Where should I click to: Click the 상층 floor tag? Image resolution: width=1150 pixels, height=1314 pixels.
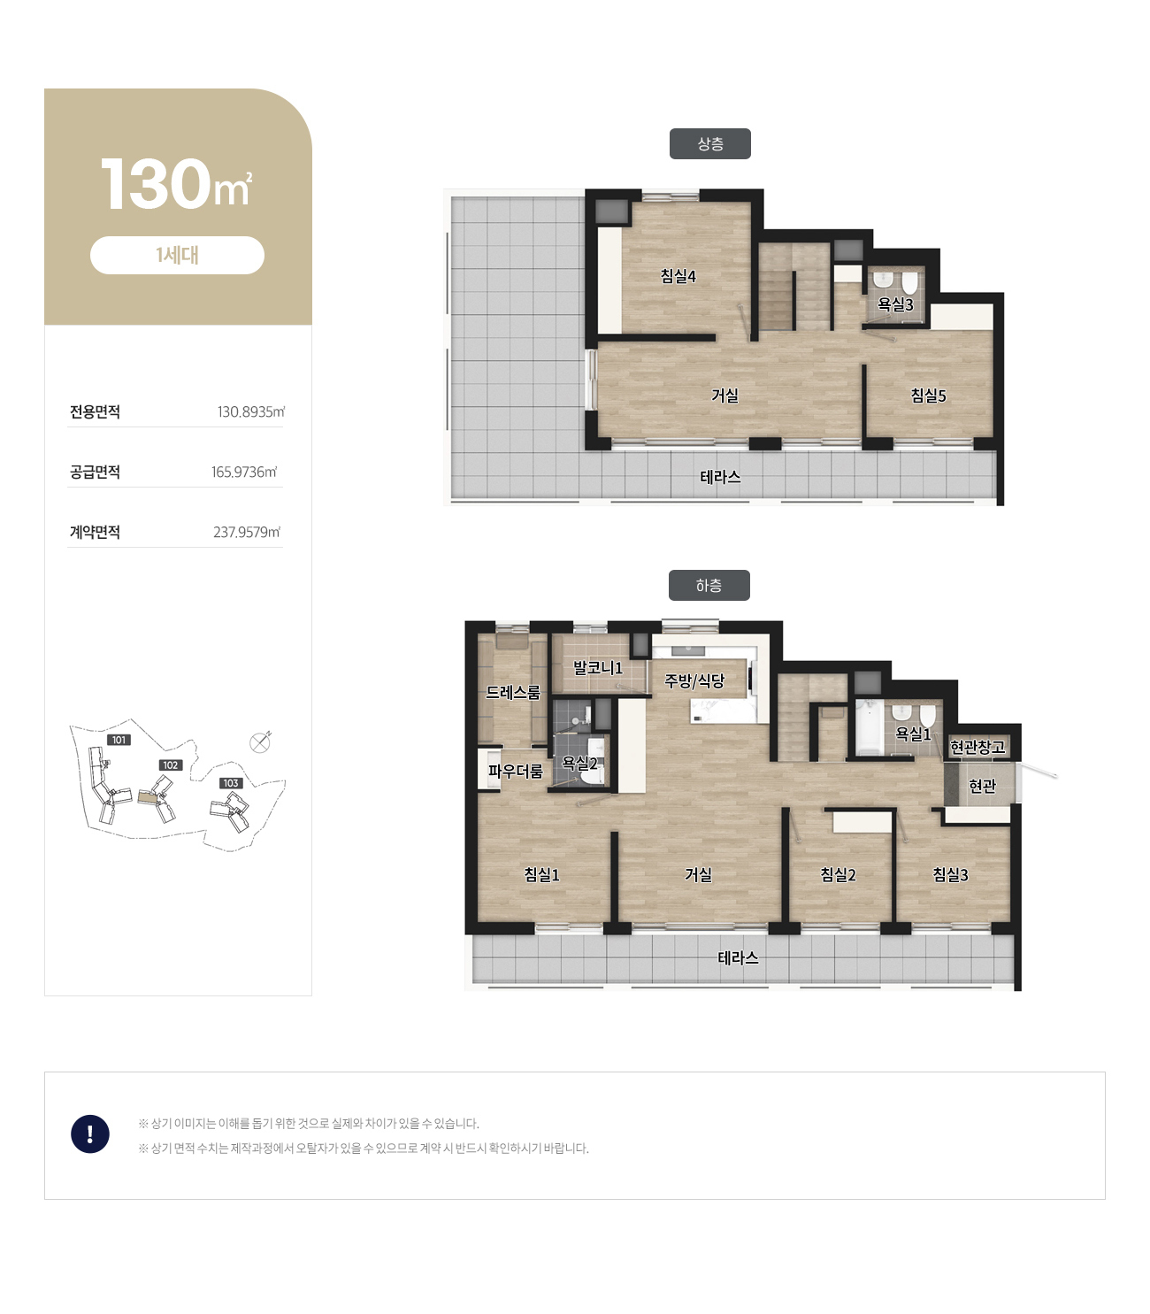(709, 143)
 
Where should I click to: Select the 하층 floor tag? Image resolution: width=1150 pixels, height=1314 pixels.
(709, 585)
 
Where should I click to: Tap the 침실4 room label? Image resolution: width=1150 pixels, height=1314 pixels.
(678, 276)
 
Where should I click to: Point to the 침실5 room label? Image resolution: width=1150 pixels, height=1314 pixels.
(928, 396)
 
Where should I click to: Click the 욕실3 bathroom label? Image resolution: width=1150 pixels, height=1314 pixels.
(895, 304)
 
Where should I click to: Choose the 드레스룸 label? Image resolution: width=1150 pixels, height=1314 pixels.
(512, 692)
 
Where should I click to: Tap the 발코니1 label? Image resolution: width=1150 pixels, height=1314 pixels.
(597, 668)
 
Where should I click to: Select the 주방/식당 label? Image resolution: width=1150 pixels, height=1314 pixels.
(694, 680)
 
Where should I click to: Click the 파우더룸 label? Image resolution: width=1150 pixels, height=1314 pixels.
(515, 771)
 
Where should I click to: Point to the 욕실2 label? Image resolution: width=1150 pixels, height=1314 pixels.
(579, 763)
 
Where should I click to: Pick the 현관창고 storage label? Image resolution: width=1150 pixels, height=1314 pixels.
(977, 747)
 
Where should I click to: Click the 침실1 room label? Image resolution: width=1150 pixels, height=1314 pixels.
(541, 875)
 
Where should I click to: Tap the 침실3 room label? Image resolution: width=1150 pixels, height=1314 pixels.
(950, 875)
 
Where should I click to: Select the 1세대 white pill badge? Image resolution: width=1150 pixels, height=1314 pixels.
(177, 255)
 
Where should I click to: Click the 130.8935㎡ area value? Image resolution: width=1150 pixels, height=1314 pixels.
(251, 411)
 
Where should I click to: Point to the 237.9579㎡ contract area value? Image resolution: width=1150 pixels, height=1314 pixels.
(247, 532)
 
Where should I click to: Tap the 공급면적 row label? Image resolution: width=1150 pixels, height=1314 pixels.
(95, 472)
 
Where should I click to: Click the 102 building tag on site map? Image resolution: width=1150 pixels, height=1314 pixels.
(170, 765)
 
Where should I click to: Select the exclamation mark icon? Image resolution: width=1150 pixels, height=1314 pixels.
(90, 1133)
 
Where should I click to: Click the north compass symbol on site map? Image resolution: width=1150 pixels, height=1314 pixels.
(260, 742)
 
